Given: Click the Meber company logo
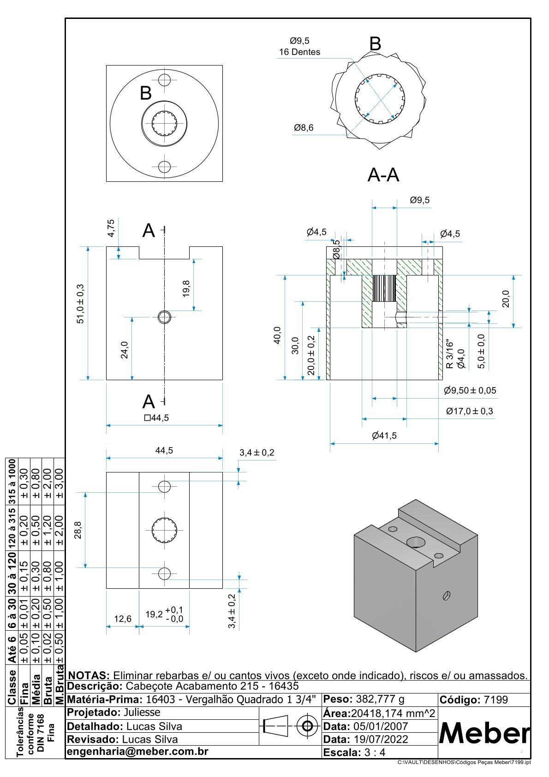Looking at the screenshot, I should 484,733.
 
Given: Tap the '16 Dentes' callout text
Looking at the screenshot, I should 299,52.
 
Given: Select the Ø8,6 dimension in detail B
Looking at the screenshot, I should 304,128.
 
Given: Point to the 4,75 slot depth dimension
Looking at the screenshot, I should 111,228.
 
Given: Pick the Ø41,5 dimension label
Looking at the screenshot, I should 384,436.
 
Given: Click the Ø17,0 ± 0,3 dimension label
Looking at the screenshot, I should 469,411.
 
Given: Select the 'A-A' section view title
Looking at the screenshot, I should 383,175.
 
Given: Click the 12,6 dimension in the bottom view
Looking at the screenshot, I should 123,619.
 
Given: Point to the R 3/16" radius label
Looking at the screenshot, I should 450,354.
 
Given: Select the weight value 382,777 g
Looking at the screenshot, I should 380,699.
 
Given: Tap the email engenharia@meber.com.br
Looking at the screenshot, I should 137,752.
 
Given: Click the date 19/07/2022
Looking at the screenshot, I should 381,739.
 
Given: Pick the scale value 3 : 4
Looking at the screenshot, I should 374,753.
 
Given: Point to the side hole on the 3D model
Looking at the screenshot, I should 446,596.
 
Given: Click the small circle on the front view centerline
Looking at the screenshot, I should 164,317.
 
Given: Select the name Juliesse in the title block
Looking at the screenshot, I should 142,712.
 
